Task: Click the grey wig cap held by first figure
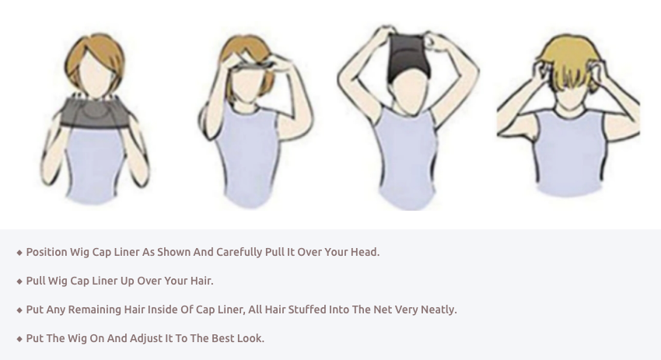(x=93, y=112)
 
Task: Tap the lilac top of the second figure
(x=248, y=156)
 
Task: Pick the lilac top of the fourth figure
(x=570, y=152)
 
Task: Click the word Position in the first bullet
(x=47, y=252)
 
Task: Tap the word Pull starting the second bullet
(x=36, y=281)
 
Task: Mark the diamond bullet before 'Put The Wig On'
(x=19, y=339)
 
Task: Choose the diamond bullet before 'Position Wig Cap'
(x=19, y=253)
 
